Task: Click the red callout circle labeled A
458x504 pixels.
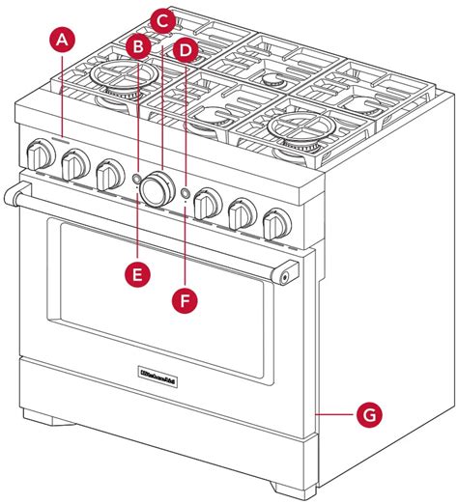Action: coord(62,40)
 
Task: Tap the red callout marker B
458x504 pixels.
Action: coord(139,45)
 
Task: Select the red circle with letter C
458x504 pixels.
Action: coord(162,19)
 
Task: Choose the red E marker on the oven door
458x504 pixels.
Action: coord(139,273)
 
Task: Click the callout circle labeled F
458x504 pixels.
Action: coord(186,300)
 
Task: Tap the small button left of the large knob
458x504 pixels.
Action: coord(136,180)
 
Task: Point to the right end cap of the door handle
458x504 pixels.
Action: coord(289,276)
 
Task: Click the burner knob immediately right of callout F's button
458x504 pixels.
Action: coord(205,204)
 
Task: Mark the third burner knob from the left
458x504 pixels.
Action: coord(107,175)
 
